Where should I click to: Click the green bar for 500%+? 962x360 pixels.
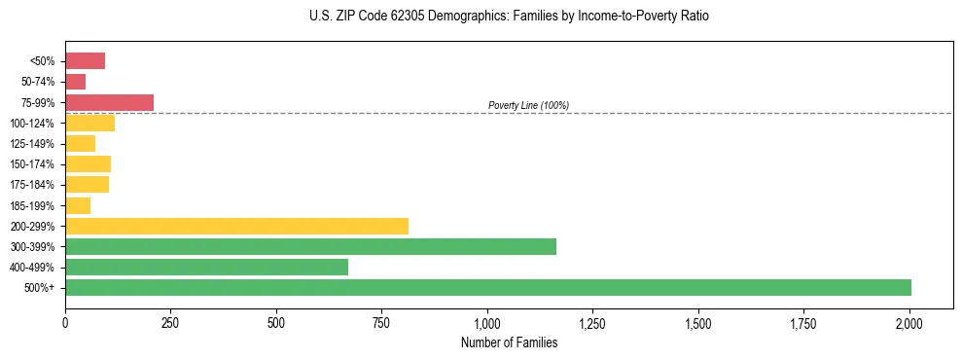click(x=487, y=287)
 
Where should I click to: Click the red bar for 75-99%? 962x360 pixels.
click(x=109, y=102)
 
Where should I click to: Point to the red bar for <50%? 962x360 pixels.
click(x=85, y=61)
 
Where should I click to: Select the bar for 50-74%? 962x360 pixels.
click(x=75, y=82)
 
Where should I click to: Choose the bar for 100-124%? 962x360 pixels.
click(x=89, y=123)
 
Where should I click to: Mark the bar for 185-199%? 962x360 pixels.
click(x=78, y=205)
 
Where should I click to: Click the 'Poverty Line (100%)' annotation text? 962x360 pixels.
click(x=528, y=105)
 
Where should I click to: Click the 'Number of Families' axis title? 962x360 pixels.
click(x=509, y=342)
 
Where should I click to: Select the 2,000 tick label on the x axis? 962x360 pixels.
click(x=909, y=322)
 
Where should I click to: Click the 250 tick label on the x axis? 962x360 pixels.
click(x=170, y=322)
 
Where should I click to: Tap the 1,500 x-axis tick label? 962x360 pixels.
click(x=698, y=322)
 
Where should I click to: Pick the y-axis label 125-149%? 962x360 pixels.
click(x=32, y=144)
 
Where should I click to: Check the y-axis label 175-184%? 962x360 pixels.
click(x=32, y=185)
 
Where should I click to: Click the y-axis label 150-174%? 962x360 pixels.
click(x=32, y=164)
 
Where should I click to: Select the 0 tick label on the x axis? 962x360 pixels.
click(x=65, y=322)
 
